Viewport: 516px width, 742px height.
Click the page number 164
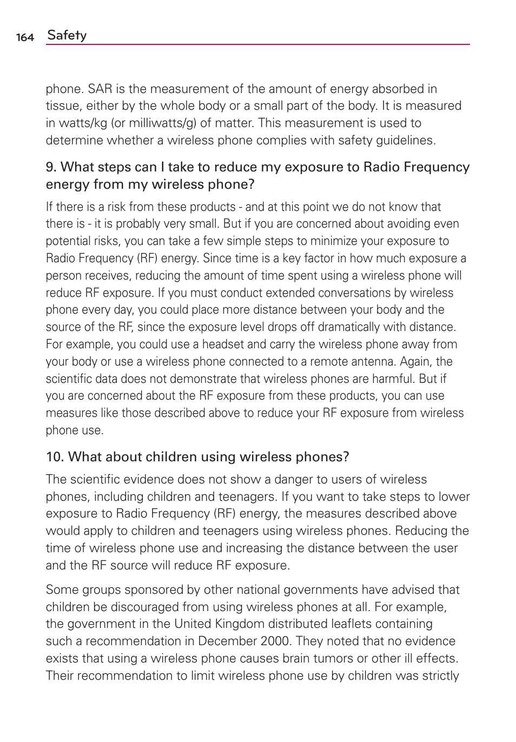pos(25,37)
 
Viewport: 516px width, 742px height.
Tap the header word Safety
pos(67,36)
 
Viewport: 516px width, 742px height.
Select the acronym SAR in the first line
pos(100,89)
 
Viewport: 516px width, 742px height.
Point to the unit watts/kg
pos(83,123)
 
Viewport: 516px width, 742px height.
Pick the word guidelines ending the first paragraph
pos(405,141)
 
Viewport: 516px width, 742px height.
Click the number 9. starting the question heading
pos(51,167)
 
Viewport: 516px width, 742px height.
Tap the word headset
pos(223,345)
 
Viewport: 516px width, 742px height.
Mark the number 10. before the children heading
pos(55,457)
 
